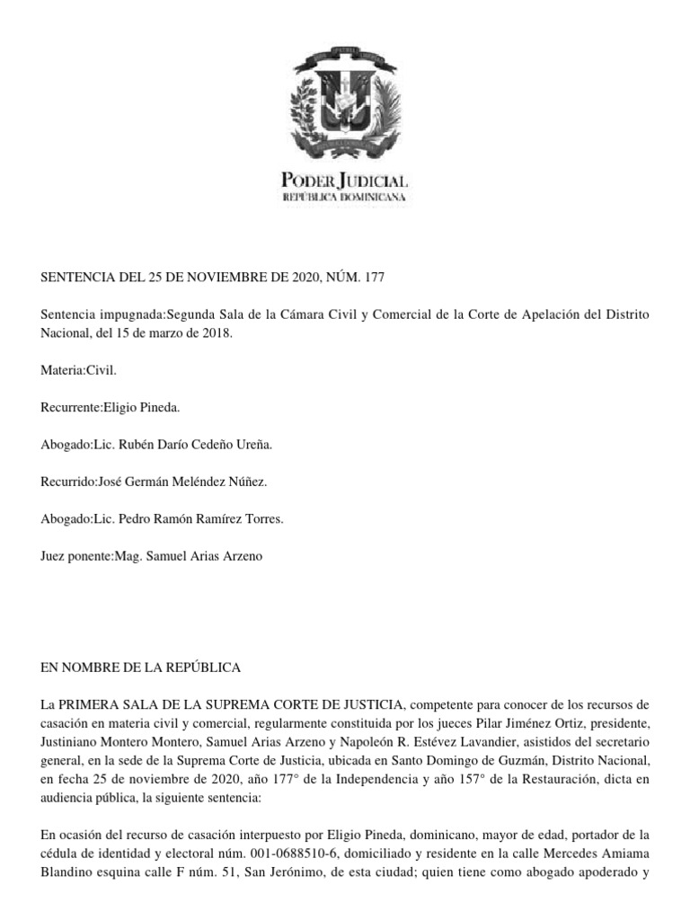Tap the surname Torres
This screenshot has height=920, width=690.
[x=291, y=519]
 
